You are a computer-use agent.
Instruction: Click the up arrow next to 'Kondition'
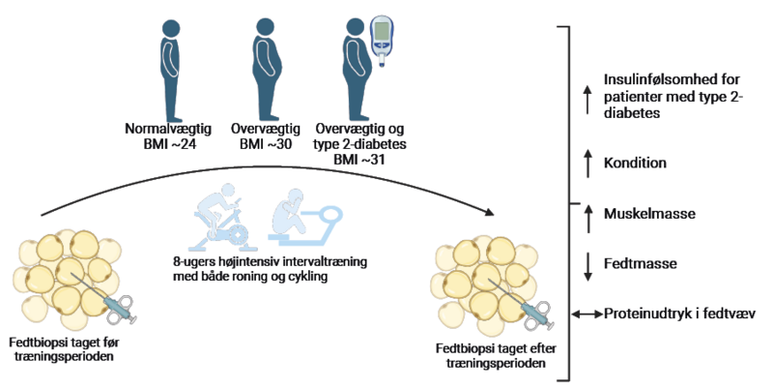[x=586, y=163]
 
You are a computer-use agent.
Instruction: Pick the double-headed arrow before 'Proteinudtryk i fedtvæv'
[x=585, y=314]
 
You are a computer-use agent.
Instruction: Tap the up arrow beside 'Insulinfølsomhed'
[x=586, y=97]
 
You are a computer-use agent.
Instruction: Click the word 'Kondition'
[x=635, y=163]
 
